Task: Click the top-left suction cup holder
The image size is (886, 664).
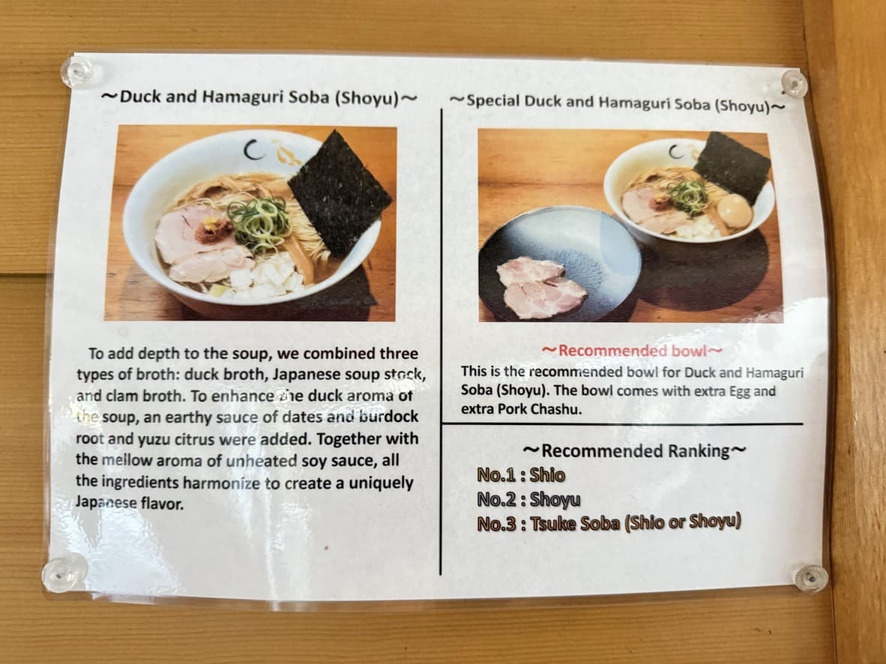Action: [x=79, y=72]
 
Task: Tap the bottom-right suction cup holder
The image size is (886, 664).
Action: [x=810, y=578]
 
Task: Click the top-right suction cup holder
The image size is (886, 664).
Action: [x=794, y=82]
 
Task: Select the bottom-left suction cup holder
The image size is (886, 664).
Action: [x=63, y=573]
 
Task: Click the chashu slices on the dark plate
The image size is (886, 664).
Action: [x=540, y=286]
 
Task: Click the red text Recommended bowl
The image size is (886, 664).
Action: [x=631, y=351]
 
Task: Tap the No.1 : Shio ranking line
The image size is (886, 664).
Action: [x=520, y=475]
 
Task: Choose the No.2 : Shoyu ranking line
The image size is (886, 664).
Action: [x=528, y=499]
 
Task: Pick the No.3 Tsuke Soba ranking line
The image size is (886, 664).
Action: [x=608, y=523]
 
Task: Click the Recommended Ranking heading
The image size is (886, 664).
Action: [x=633, y=450]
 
